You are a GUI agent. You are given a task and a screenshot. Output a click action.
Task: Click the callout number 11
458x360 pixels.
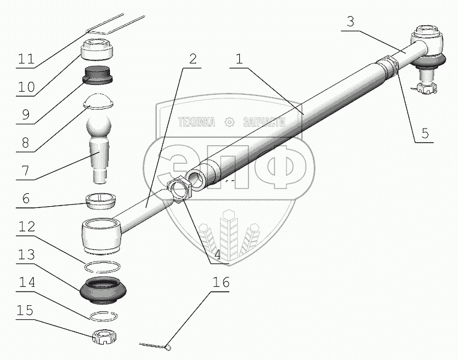(26, 59)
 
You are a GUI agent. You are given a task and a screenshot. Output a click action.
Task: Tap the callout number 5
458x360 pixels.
(425, 134)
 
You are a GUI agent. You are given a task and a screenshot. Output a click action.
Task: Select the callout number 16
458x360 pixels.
(221, 282)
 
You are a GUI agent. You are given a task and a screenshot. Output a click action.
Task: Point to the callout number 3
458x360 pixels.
(350, 22)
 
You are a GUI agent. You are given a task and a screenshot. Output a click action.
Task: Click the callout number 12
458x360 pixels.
(26, 226)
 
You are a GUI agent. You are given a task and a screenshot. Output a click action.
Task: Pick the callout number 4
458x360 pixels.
(218, 255)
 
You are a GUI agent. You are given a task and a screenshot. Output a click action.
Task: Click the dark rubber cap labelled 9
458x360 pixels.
(98, 75)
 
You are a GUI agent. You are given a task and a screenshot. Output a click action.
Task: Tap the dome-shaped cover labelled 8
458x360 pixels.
(98, 102)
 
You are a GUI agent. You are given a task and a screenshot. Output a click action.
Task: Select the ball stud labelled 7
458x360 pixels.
(99, 149)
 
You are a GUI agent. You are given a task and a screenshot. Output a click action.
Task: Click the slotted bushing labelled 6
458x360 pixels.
(100, 201)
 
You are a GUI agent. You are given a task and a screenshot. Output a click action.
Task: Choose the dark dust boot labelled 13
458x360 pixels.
(103, 290)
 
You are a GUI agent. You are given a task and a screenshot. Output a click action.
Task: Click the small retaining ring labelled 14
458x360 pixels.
(104, 316)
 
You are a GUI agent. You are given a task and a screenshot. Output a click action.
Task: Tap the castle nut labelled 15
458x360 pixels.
(105, 337)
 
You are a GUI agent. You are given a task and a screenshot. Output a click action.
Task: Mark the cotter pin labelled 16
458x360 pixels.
(155, 346)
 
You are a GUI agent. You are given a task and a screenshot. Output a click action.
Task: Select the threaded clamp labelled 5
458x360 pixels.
(387, 66)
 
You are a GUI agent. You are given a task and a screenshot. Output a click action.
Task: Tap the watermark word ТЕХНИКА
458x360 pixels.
(197, 122)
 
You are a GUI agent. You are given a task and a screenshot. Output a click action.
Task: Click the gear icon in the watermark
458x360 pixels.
(229, 122)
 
